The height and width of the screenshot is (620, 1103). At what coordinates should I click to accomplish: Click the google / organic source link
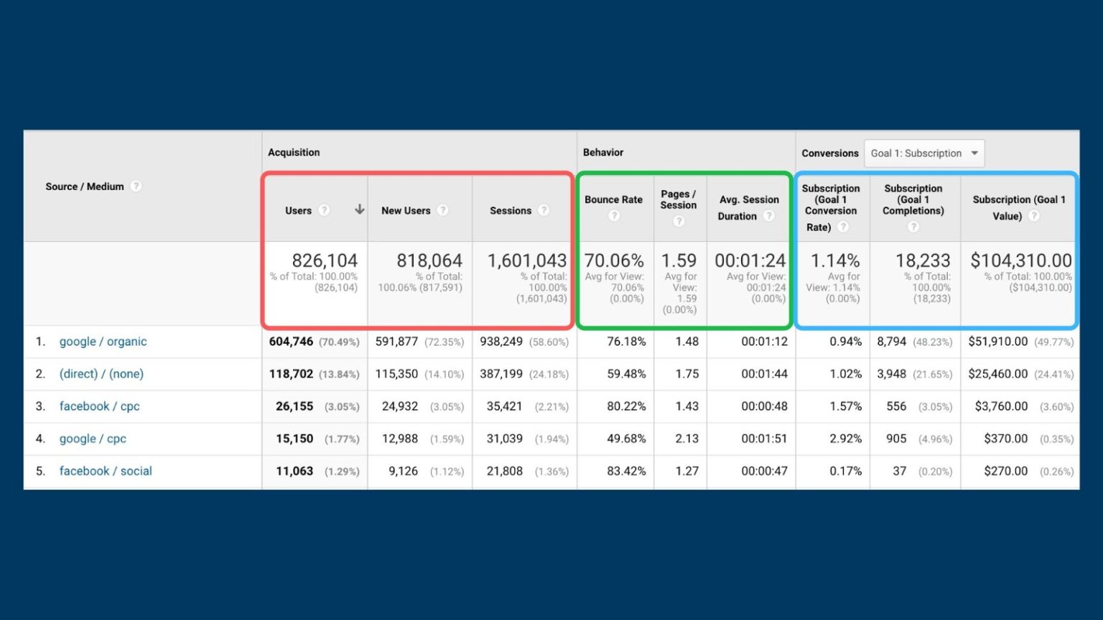[x=103, y=342]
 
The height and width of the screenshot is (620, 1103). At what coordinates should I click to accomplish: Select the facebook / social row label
[x=106, y=471]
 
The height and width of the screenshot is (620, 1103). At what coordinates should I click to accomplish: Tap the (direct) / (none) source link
[x=101, y=374]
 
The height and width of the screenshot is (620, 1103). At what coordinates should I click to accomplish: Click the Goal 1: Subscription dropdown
[x=923, y=153]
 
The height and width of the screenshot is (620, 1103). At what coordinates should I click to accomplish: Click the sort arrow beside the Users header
[x=359, y=210]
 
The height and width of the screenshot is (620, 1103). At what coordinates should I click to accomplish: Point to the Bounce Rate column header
[x=613, y=199]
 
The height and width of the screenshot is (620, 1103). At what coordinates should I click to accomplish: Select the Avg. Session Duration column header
[x=748, y=207]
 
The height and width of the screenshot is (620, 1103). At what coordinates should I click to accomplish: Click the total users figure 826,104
[x=324, y=260]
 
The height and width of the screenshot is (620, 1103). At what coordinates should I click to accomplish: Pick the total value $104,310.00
[x=1020, y=260]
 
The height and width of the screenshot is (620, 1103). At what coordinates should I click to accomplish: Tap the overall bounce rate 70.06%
[x=614, y=260]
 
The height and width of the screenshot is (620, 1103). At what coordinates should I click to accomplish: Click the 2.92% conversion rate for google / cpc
[x=845, y=438]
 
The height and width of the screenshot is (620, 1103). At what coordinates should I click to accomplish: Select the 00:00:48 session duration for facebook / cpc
[x=764, y=406]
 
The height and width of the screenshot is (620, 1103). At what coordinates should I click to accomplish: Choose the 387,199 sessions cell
[x=501, y=374]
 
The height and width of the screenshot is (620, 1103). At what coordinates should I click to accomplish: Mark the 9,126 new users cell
[x=403, y=471]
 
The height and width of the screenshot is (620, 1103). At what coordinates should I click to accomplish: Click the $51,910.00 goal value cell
[x=997, y=342]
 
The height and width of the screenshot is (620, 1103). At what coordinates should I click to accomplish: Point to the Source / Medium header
[x=85, y=187]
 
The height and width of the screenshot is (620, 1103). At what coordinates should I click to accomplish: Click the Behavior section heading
[x=602, y=152]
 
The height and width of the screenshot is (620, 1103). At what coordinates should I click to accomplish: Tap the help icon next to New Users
[x=443, y=210]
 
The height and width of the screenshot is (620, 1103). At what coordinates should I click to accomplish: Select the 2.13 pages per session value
[x=687, y=438]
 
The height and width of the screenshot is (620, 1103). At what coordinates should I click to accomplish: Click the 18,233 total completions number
[x=922, y=260]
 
